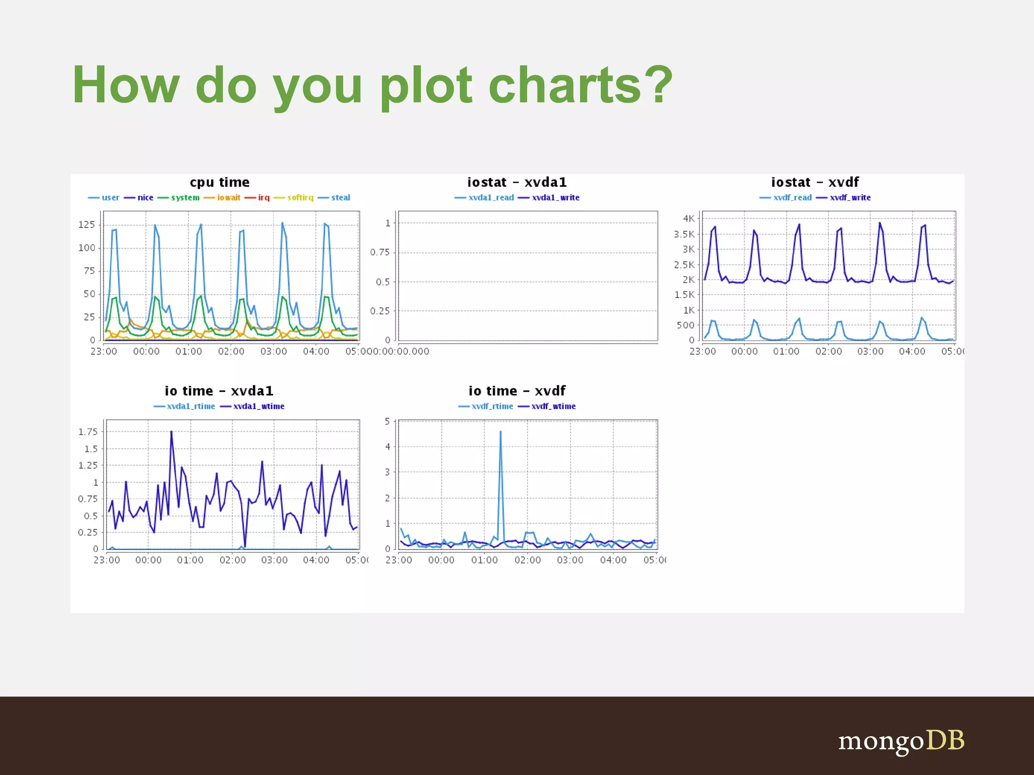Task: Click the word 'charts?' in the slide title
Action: click(581, 85)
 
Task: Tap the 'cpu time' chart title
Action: click(220, 182)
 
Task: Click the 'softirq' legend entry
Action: click(300, 197)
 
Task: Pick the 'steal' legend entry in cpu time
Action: click(340, 197)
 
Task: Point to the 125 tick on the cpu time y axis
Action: click(87, 225)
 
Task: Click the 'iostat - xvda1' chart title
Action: click(516, 182)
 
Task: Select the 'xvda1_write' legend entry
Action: click(555, 197)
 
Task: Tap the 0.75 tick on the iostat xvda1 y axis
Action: click(380, 252)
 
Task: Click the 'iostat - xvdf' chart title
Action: click(814, 182)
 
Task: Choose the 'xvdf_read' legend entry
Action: click(792, 197)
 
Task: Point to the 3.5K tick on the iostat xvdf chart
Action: click(684, 234)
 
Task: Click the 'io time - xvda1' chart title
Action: click(219, 391)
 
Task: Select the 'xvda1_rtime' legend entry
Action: click(190, 406)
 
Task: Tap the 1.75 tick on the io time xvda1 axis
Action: click(88, 432)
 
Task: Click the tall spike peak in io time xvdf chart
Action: click(500, 432)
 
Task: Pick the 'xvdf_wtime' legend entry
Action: click(553, 406)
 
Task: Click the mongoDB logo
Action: click(901, 741)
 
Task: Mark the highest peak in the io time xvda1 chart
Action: click(171, 432)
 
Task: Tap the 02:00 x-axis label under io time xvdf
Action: click(527, 560)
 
